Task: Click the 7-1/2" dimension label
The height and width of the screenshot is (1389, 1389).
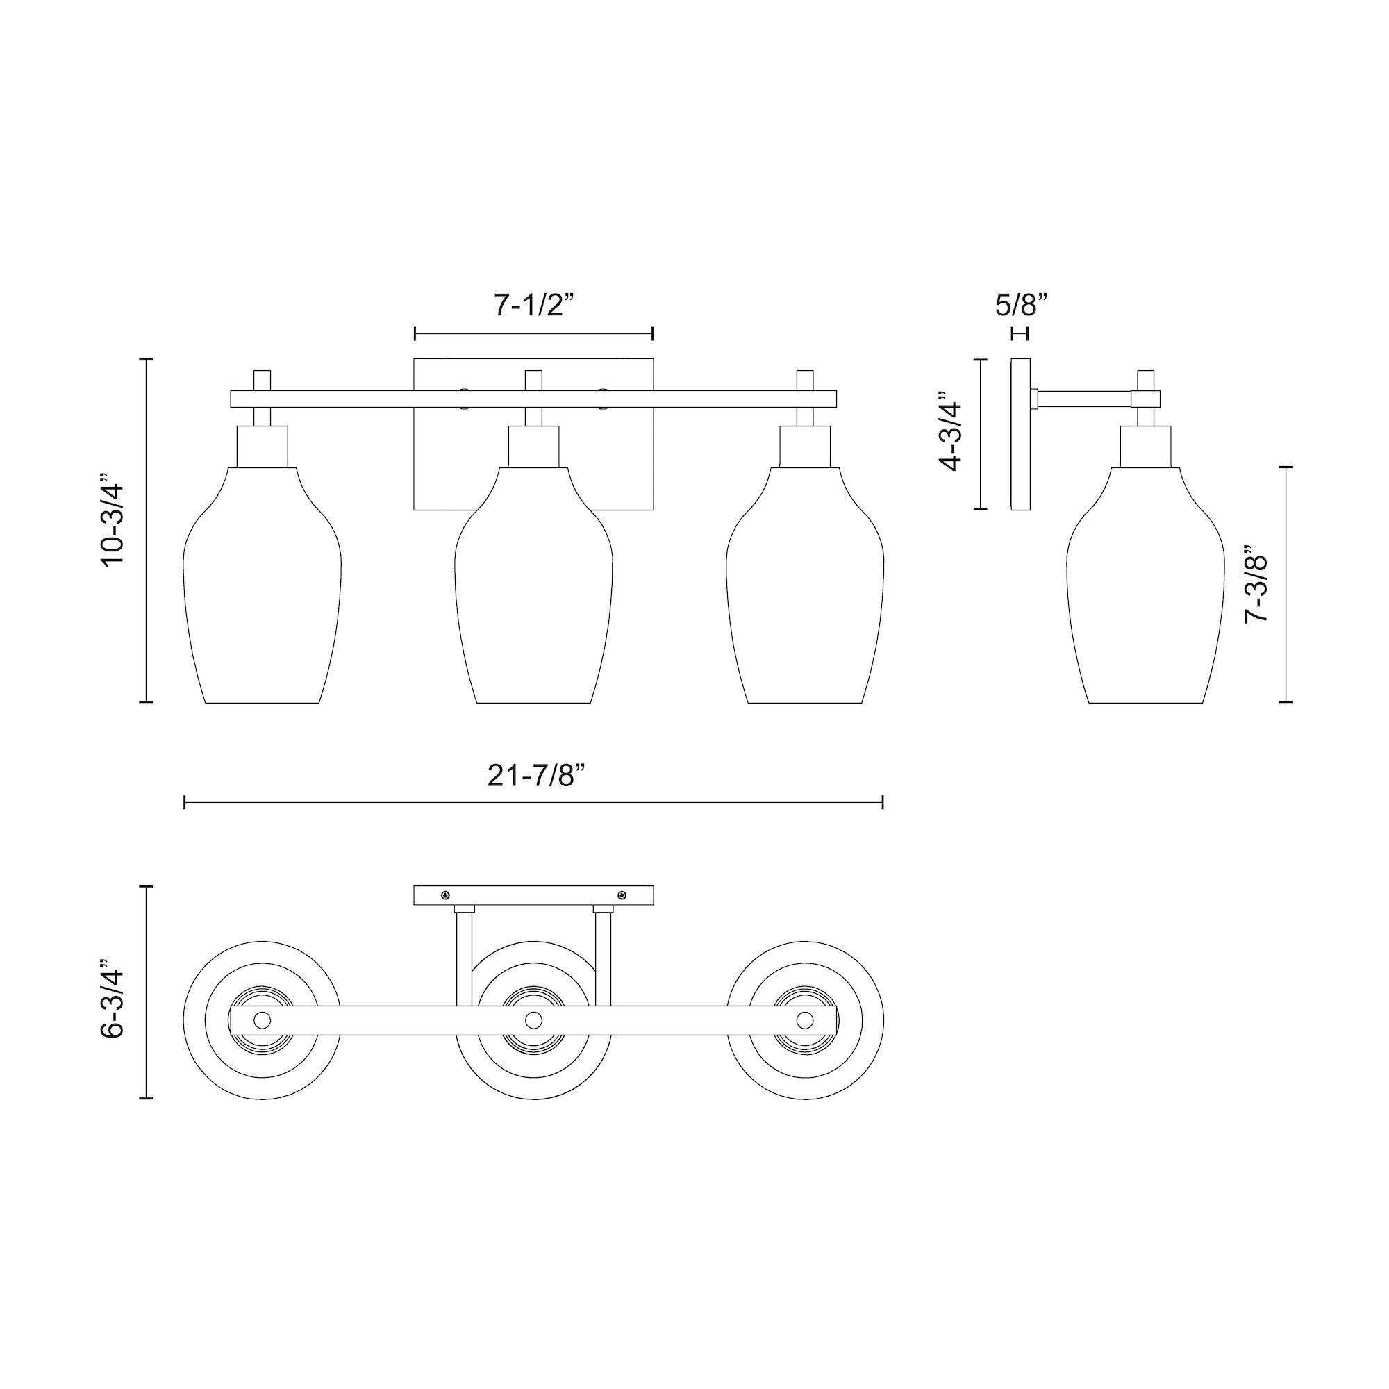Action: point(533,306)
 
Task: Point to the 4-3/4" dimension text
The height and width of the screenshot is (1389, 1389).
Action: point(951,431)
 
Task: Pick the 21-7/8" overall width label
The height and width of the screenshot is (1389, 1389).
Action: point(533,776)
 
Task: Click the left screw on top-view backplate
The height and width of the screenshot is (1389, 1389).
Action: point(446,895)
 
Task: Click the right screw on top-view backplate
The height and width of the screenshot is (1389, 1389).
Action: point(621,895)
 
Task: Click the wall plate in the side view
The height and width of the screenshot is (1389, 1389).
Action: point(1020,434)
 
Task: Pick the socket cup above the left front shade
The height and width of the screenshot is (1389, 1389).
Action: point(263,447)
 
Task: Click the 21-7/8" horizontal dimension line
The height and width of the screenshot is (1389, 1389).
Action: point(533,802)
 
